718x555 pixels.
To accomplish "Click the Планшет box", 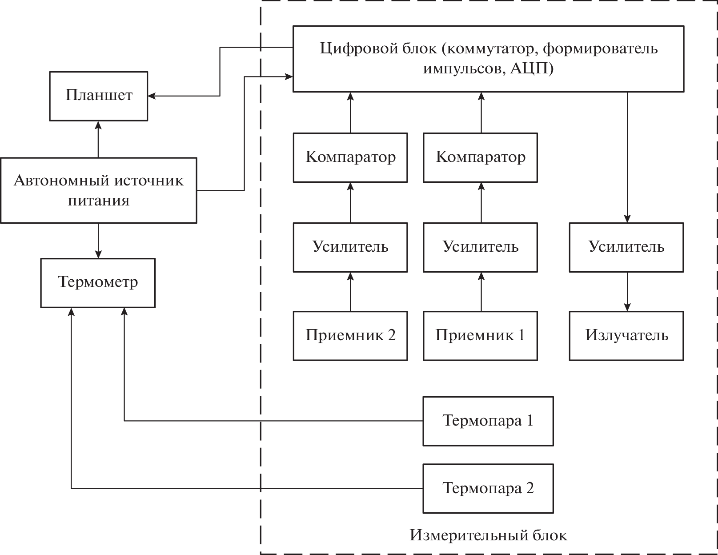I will tap(98, 96).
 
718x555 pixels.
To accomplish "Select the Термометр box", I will tap(98, 283).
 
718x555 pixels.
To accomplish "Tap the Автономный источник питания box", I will tap(98, 190).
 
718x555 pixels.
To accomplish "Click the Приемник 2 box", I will tap(350, 336).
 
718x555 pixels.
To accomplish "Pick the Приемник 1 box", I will tap(480, 336).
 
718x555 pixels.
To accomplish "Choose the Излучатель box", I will tap(626, 336).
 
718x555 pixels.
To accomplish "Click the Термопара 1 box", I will tap(488, 421).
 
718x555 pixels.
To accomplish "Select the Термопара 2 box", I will tap(488, 489).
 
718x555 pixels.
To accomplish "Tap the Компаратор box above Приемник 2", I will tap(350, 157).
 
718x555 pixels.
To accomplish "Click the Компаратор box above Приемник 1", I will tap(480, 157).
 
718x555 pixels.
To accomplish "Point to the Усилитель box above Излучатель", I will tap(626, 247).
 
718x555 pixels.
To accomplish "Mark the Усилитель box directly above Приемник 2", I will tap(350, 247).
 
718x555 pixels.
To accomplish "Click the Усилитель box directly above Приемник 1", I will tap(480, 247).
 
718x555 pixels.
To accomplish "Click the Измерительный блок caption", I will tap(488, 535).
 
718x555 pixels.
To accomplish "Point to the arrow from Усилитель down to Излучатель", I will tap(627, 291).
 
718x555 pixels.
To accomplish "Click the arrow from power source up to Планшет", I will tap(98, 139).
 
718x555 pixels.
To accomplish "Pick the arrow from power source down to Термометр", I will tap(98, 241).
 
